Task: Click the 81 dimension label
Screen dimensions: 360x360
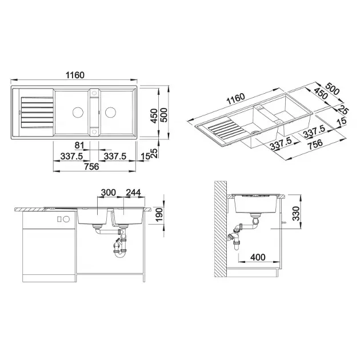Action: coord(79,145)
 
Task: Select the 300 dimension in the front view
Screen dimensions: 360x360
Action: coord(109,193)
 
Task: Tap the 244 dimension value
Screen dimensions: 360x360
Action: coord(133,193)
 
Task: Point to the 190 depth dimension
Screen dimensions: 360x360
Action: coord(159,214)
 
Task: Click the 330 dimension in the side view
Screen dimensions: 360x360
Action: coord(296,214)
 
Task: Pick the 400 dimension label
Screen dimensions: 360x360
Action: coord(258,257)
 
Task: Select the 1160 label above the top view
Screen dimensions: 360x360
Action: coord(75,75)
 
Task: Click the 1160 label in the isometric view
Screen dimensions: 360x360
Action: coord(236,99)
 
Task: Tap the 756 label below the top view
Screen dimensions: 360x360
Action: coord(91,166)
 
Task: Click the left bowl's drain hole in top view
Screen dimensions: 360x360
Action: coord(78,112)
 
